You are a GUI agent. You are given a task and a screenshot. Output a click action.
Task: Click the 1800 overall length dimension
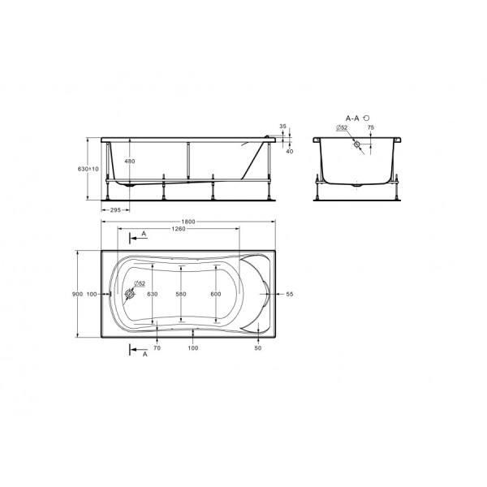coord(188,222)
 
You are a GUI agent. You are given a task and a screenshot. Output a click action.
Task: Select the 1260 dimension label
coord(179,229)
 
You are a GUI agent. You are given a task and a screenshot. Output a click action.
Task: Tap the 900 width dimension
coord(77,294)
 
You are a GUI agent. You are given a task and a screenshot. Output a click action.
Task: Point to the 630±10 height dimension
coord(88,169)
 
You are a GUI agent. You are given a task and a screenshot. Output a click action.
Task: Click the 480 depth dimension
coord(130,162)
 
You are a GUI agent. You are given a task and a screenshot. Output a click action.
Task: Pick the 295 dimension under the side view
coord(115,210)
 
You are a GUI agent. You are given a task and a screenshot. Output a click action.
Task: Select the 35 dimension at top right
coord(283,127)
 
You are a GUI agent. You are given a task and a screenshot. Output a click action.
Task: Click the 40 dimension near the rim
coord(290,151)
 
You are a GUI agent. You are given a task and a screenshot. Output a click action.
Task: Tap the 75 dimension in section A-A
coord(371,127)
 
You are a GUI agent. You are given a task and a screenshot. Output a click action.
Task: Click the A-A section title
coord(352,118)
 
